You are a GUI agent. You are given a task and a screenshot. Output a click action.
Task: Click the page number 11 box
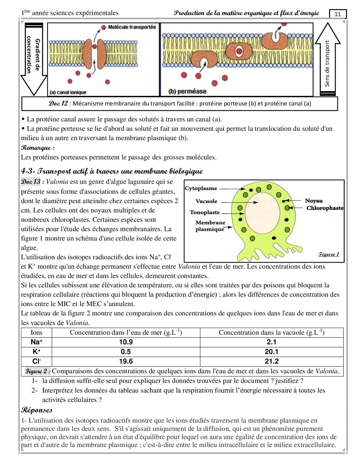pyautogui.click(x=338, y=14)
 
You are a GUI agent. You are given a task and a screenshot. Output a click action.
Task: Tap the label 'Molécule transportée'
pyautogui.click(x=132, y=27)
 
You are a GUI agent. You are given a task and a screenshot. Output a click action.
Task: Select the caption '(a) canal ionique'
pyautogui.click(x=68, y=92)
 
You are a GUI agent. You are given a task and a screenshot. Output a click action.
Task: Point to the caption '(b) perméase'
pyautogui.click(x=187, y=91)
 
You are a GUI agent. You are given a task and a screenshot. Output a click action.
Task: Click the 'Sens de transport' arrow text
pyautogui.click(x=327, y=63)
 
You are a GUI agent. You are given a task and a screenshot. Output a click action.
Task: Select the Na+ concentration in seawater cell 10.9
pyautogui.click(x=126, y=342)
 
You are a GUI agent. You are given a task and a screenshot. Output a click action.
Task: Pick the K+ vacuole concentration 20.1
pyautogui.click(x=271, y=352)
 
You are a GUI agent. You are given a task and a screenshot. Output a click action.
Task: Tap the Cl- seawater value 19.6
pyautogui.click(x=126, y=361)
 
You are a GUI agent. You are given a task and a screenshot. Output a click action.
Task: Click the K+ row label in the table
pyautogui.click(x=37, y=352)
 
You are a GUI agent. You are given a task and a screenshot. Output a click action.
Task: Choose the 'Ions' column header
pyautogui.click(x=36, y=332)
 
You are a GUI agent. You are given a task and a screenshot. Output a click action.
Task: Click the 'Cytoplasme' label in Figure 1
pyautogui.click(x=201, y=188)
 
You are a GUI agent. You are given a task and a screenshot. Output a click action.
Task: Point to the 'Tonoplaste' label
pyautogui.click(x=205, y=212)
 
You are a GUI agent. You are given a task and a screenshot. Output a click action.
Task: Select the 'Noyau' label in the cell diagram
pyautogui.click(x=314, y=201)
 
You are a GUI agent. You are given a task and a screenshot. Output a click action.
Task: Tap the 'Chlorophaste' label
pyautogui.click(x=325, y=208)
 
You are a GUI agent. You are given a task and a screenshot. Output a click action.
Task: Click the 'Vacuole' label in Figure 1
pyautogui.click(x=206, y=201)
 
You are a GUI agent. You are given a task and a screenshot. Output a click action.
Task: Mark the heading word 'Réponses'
pyautogui.click(x=37, y=410)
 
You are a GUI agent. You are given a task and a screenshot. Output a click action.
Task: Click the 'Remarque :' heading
pyautogui.click(x=38, y=148)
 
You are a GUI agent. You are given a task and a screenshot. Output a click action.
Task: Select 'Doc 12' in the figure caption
pyautogui.click(x=58, y=104)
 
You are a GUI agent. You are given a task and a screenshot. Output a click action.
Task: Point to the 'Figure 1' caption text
pyautogui.click(x=328, y=254)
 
